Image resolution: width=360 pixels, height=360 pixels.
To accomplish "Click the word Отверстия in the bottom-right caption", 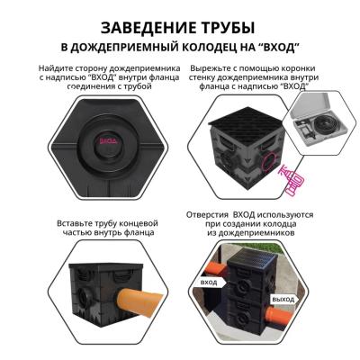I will pyautogui.click(x=213, y=216).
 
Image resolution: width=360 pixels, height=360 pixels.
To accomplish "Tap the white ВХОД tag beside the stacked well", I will pyautogui.click(x=210, y=282).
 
